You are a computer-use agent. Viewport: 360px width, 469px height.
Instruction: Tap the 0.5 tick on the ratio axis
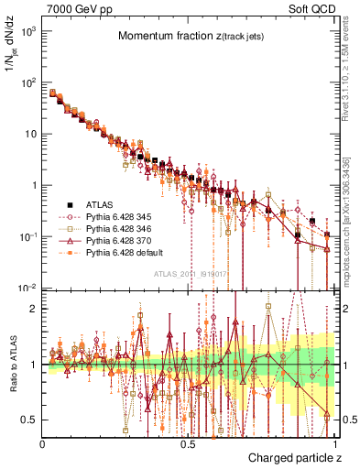[30, 420]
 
